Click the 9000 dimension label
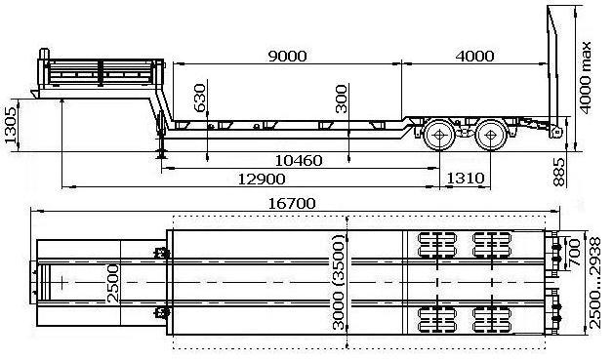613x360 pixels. [x=287, y=57]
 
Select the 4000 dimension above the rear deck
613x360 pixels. [x=474, y=57]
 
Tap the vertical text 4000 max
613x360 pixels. [x=586, y=77]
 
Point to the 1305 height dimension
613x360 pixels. [x=11, y=125]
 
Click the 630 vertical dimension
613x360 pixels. [x=199, y=98]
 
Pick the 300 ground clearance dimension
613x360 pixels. [x=342, y=99]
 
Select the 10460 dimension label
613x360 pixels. [x=299, y=161]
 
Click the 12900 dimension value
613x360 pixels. [x=262, y=180]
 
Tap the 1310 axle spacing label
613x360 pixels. [x=466, y=179]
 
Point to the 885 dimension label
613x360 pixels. [x=559, y=172]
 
